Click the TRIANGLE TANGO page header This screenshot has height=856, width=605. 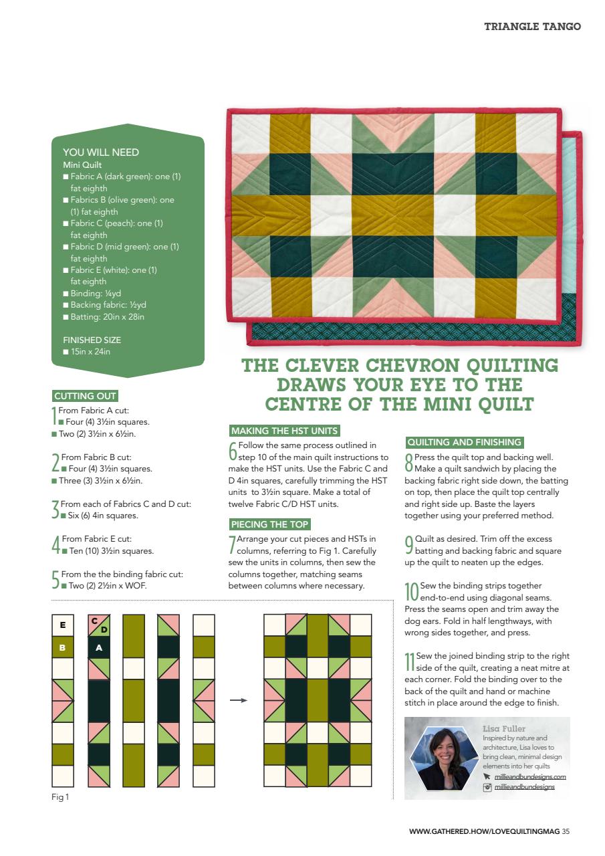[x=532, y=27]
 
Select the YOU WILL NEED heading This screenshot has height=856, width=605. [x=101, y=152]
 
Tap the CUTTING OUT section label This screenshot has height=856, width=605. [x=85, y=396]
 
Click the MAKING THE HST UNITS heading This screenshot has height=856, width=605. [x=284, y=431]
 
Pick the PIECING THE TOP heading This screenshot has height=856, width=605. [x=269, y=524]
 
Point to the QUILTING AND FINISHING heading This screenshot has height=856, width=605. [x=464, y=442]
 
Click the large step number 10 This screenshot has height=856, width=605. [x=411, y=591]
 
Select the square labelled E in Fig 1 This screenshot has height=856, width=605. [x=63, y=625]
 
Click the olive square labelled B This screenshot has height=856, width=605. [x=63, y=647]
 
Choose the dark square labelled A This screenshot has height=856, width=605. [x=99, y=647]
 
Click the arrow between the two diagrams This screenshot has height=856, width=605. [x=238, y=701]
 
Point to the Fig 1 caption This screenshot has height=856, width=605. [x=60, y=797]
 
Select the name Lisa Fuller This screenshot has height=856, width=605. [x=504, y=728]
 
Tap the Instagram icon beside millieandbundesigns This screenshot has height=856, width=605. [x=487, y=788]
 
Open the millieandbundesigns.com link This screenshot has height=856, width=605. [x=530, y=776]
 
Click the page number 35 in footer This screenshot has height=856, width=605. [x=566, y=832]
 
